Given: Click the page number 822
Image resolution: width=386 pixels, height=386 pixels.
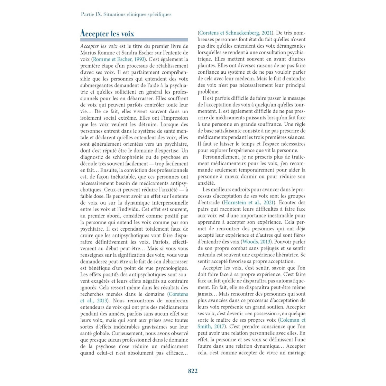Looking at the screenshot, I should pyautogui.click(x=193, y=371).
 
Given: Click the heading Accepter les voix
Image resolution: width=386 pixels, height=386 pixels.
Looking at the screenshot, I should pyautogui.click(x=107, y=33).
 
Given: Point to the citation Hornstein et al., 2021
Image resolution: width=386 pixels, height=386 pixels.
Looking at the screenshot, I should pyautogui.click(x=249, y=203).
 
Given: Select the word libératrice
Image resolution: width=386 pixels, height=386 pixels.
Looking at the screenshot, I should pyautogui.click(x=285, y=255).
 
